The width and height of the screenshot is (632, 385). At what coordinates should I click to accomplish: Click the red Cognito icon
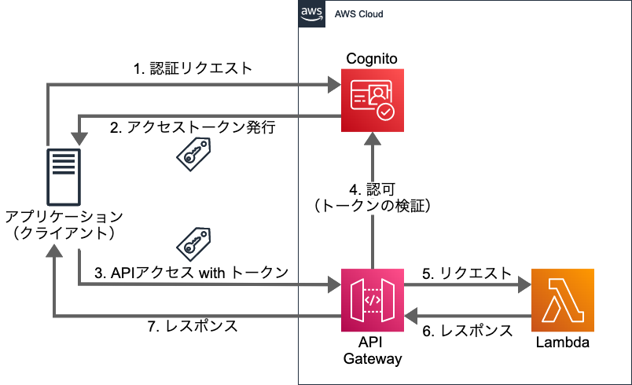click(372, 100)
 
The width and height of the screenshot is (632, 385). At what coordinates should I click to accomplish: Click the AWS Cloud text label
click(359, 15)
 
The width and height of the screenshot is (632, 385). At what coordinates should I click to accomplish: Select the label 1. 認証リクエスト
click(192, 68)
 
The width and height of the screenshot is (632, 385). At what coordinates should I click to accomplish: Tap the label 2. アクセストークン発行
click(192, 126)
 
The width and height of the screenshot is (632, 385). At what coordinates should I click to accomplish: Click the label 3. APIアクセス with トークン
click(191, 272)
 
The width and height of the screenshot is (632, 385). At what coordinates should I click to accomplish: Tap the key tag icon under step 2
click(191, 152)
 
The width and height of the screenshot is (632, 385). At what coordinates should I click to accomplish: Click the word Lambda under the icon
click(562, 343)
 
